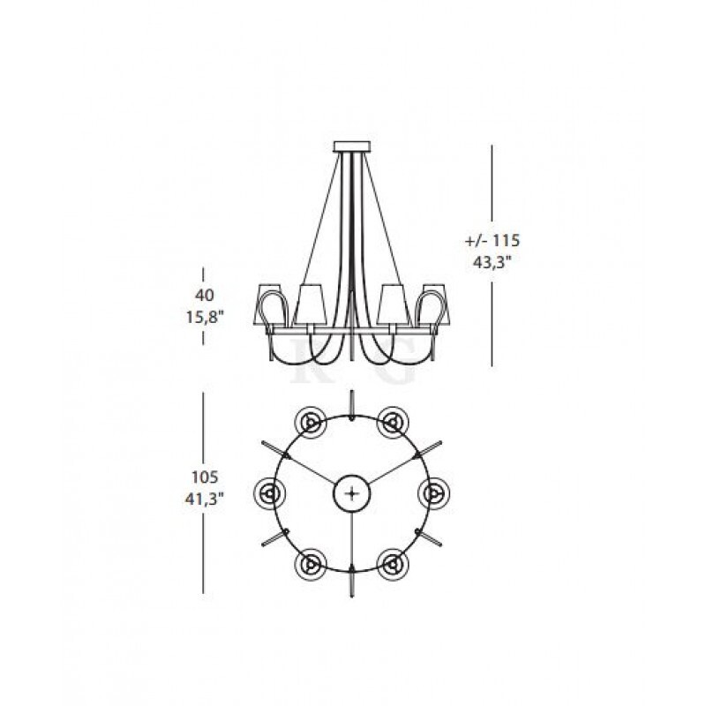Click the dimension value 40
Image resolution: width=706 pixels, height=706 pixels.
click(x=205, y=296)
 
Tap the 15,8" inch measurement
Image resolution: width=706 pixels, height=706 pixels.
click(x=205, y=317)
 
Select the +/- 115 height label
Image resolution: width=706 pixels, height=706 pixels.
click(x=492, y=241)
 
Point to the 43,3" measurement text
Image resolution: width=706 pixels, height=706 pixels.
click(x=492, y=262)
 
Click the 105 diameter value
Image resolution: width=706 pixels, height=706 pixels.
click(x=205, y=477)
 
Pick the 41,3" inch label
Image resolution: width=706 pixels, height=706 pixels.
click(x=205, y=499)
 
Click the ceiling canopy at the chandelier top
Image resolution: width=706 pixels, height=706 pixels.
click(x=352, y=146)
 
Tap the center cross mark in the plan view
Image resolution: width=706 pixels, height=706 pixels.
click(x=351, y=493)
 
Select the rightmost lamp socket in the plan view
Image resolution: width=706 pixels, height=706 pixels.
click(x=434, y=493)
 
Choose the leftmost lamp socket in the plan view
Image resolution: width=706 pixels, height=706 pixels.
click(x=270, y=493)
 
